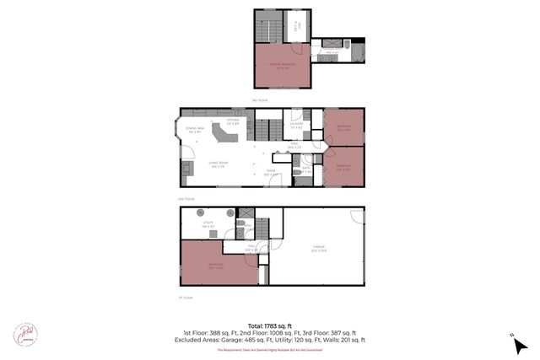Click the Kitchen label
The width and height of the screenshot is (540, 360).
pyautogui.click(x=233, y=121)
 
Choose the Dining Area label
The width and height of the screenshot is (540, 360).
pyautogui.click(x=195, y=131)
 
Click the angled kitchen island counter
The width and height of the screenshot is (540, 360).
pyautogui.click(x=224, y=136)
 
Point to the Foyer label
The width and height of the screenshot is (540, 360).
pyautogui.click(x=270, y=173)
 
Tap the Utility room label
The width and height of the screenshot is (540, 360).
pyautogui.click(x=208, y=224)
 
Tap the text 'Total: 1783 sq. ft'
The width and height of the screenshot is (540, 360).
pyautogui.click(x=270, y=325)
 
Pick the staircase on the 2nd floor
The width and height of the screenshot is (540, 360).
pyautogui.click(x=267, y=131)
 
